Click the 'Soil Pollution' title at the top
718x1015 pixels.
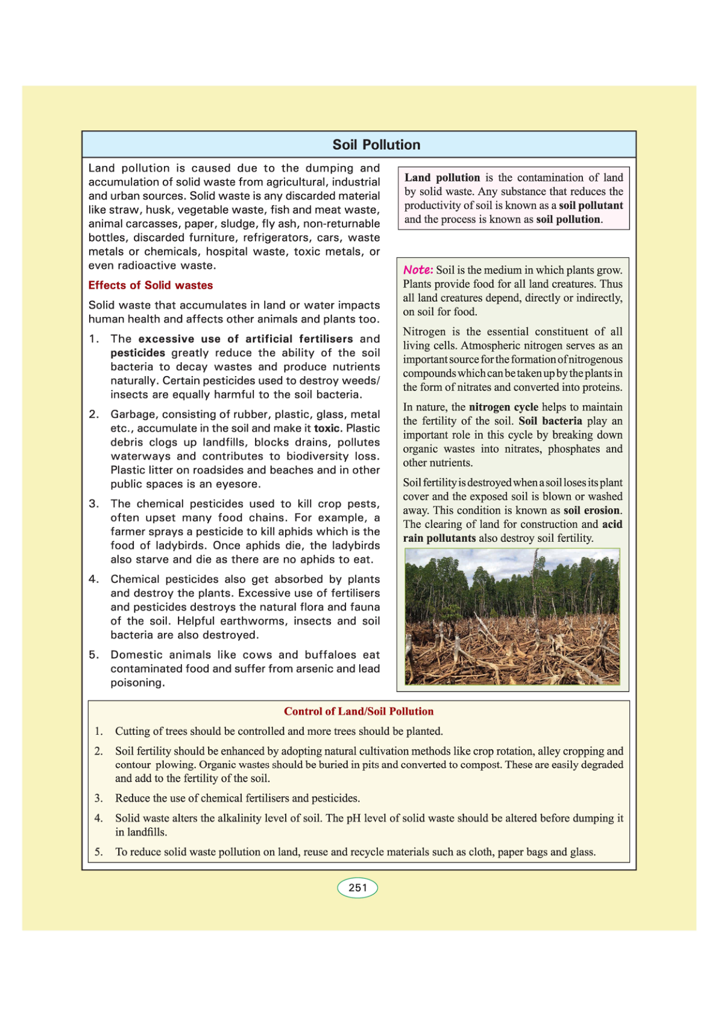click(x=376, y=145)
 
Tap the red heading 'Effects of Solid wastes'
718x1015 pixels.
click(x=150, y=285)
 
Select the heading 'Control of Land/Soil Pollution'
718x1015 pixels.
click(x=359, y=711)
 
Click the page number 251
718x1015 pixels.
click(x=357, y=888)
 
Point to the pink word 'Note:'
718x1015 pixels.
click(x=418, y=269)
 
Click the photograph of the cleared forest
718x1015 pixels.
click(x=512, y=616)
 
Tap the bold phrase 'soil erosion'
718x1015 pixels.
click(x=591, y=511)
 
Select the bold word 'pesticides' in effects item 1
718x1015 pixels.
click(x=137, y=353)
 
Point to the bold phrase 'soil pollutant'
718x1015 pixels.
click(x=591, y=206)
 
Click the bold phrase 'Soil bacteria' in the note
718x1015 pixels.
click(x=550, y=421)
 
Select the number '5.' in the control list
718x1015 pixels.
click(x=98, y=852)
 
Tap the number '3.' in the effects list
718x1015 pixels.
click(x=93, y=504)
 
